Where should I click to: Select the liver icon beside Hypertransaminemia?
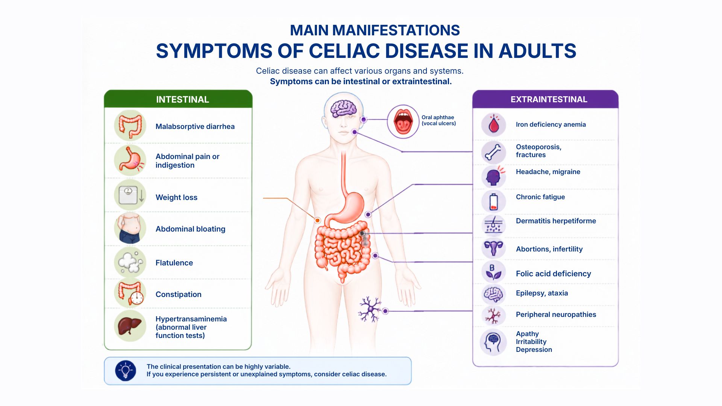130,326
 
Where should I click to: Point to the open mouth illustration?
403,121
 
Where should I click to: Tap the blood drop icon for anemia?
494,124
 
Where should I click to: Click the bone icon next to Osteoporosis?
493,152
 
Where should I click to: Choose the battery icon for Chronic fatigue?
493,201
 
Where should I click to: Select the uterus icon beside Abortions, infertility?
493,248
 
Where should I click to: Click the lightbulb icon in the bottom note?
126,371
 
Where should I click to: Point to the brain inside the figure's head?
343,108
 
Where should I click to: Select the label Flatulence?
174,263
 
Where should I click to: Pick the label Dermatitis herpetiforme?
556,221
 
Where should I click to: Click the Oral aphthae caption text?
438,120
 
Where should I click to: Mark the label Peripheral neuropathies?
556,315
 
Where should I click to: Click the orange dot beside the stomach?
317,220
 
